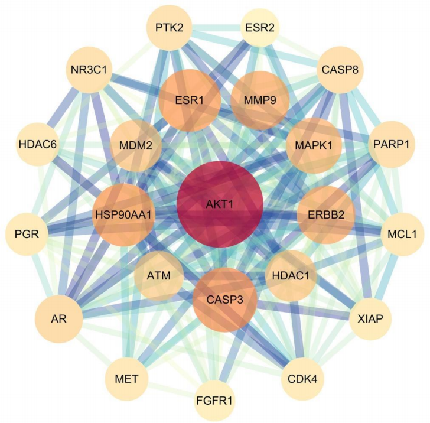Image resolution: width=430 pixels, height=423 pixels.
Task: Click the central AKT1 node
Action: coord(220,204)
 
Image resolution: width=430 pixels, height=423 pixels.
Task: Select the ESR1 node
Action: coord(190,100)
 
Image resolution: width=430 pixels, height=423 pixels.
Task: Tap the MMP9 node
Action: coord(259,100)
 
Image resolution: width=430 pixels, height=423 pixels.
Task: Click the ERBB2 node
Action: coord(325,214)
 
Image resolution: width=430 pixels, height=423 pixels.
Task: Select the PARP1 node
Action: coord(391,144)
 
